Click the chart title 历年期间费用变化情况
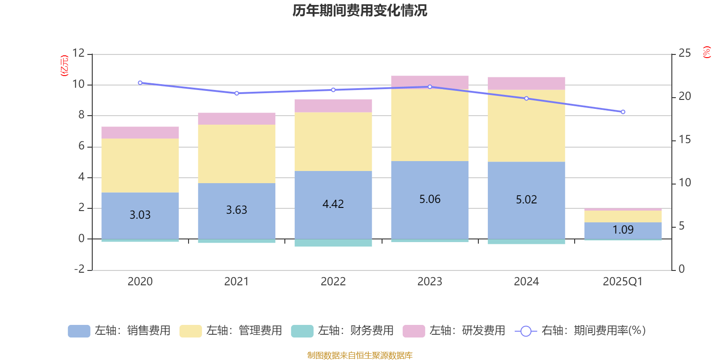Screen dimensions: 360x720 360,10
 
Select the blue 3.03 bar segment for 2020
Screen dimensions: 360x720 140,225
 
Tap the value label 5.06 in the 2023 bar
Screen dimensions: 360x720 430,199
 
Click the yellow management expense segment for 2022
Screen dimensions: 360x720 333,141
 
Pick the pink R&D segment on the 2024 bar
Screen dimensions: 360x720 526,84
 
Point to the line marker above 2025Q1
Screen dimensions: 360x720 623,112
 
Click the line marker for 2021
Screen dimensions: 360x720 237,93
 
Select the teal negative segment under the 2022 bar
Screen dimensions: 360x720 333,243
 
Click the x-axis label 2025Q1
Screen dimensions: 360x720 623,282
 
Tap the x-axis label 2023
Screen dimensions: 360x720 430,282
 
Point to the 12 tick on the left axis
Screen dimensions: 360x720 78,53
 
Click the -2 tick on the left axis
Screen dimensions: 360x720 80,269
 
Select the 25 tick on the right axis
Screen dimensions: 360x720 684,53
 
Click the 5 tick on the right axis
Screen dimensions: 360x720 681,226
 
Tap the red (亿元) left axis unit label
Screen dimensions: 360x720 64,66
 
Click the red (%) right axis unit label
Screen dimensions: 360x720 706,52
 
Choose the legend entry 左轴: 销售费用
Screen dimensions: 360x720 119,331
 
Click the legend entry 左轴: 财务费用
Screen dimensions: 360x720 342,331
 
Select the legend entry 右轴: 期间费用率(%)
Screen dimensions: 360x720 580,331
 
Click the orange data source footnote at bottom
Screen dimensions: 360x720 360,355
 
